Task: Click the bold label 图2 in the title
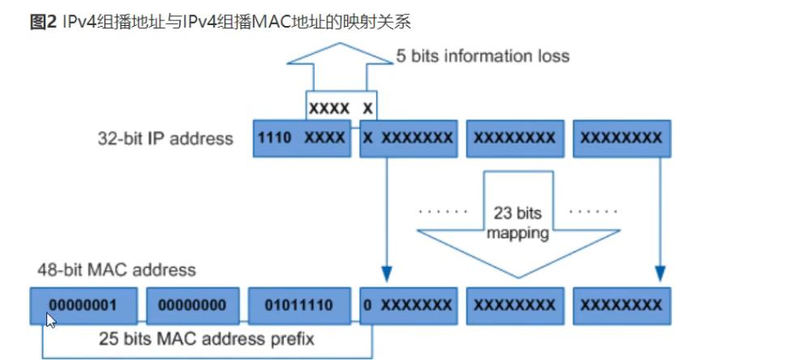click(43, 22)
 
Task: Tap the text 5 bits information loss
click(482, 56)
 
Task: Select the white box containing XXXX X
click(341, 107)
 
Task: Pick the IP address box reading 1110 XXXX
click(301, 139)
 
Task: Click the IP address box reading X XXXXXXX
click(408, 139)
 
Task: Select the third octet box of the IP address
click(515, 139)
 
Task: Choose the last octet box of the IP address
click(621, 139)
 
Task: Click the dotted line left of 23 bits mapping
click(444, 212)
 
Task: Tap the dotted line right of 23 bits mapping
click(594, 212)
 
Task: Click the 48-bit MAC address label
click(116, 269)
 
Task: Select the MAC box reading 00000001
click(82, 305)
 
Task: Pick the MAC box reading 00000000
click(192, 305)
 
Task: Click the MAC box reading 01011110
click(300, 305)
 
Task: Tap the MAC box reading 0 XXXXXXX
click(408, 305)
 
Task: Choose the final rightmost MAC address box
click(621, 305)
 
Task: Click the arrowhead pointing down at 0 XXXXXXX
click(386, 274)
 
